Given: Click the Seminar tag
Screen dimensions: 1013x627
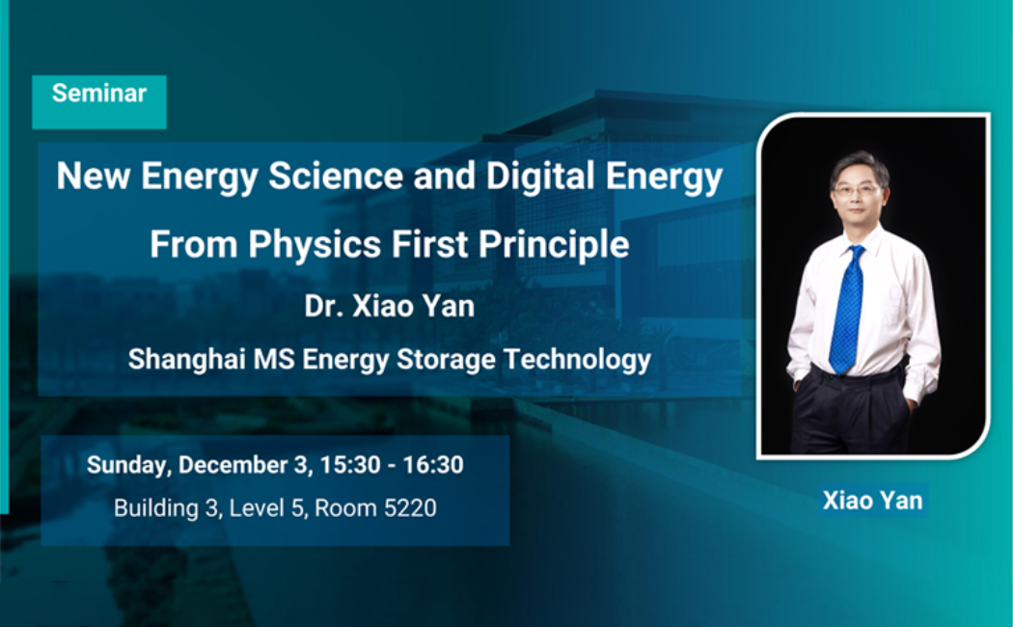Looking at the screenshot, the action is click(98, 101).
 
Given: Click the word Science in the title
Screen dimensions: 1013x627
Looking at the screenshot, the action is click(336, 176).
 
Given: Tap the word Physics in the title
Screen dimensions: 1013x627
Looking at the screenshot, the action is click(315, 245).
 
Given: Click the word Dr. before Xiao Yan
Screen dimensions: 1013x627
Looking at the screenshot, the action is click(323, 306).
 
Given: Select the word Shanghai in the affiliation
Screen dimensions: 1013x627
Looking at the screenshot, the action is click(186, 360).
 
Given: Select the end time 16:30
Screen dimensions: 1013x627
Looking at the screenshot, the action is click(433, 465).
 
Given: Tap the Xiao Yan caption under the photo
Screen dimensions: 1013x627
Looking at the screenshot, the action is click(872, 501).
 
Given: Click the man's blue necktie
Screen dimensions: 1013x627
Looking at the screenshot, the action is click(848, 309).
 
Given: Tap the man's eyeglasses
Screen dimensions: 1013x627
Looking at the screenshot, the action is click(857, 190).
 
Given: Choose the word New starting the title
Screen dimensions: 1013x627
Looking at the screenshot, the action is click(93, 176).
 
